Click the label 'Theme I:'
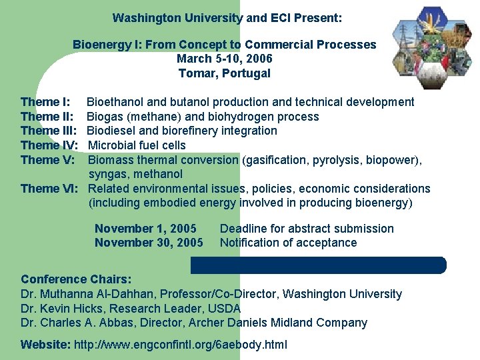coord(45,102)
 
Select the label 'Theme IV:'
coord(49,145)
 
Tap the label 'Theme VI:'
coord(49,189)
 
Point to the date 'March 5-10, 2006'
coord(225,59)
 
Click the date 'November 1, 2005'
coord(145,229)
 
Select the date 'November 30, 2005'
coord(149,243)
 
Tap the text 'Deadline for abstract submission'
coord(307,229)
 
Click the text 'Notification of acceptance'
coord(288,243)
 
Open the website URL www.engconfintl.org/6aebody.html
coord(179,345)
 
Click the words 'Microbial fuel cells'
coord(137,145)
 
